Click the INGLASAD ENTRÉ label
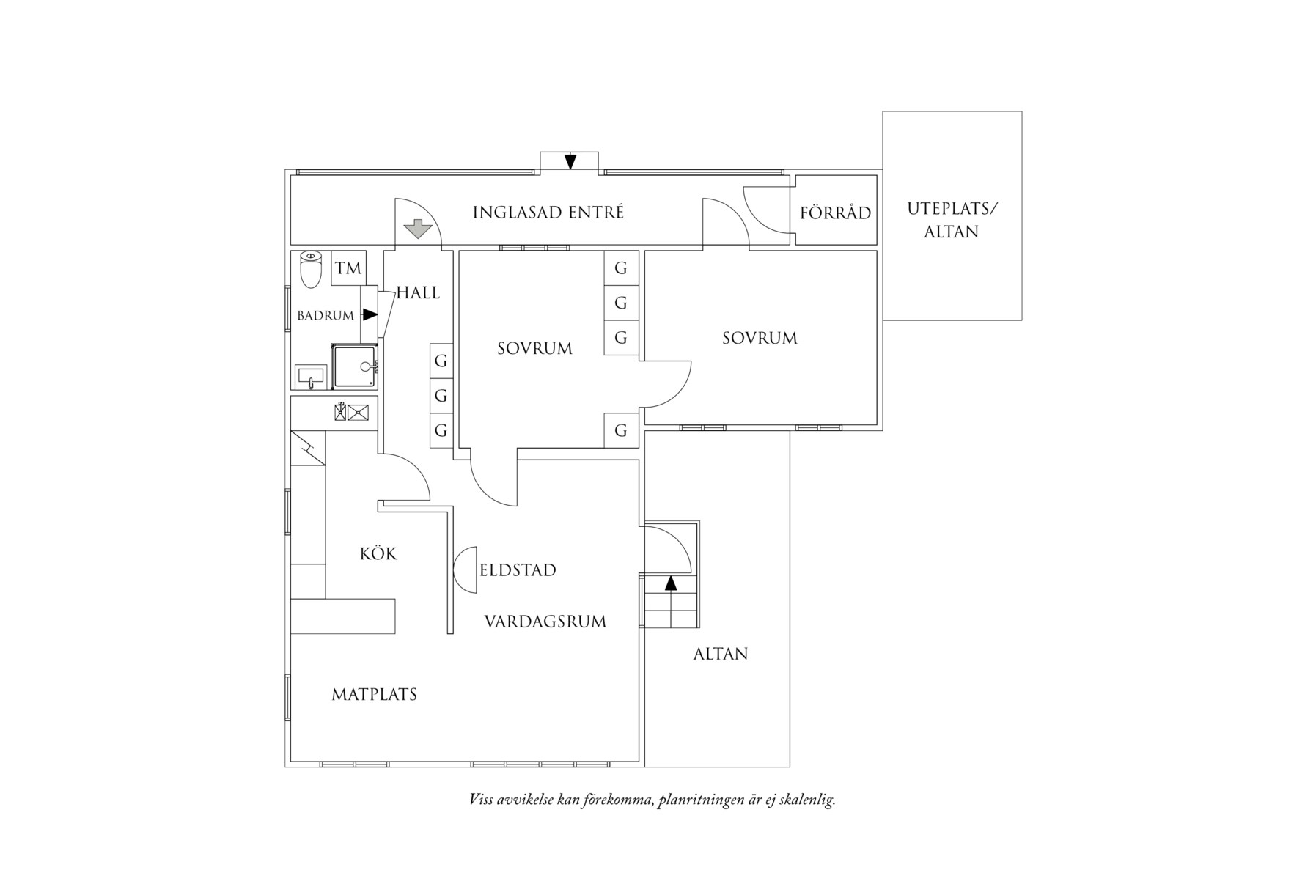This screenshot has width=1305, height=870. point(548,213)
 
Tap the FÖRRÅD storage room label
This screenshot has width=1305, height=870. point(836,213)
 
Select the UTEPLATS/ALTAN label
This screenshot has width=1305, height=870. point(952,220)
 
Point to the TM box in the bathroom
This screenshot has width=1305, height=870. point(349,268)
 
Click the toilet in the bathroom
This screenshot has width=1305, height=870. point(311,269)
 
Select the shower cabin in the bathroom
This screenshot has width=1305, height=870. point(356,366)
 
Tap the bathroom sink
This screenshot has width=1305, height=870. point(311,377)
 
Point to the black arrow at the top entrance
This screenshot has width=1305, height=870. point(570,162)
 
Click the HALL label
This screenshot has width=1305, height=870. point(418,293)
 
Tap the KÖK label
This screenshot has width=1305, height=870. point(378,553)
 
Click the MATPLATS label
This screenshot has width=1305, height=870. point(374,694)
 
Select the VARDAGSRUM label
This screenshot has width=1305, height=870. point(545,622)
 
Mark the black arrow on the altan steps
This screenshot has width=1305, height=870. point(670,583)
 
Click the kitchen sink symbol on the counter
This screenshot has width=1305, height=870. point(351,412)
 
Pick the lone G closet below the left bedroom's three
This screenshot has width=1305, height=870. point(621,430)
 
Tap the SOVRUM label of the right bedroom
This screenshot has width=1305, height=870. point(760,338)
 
